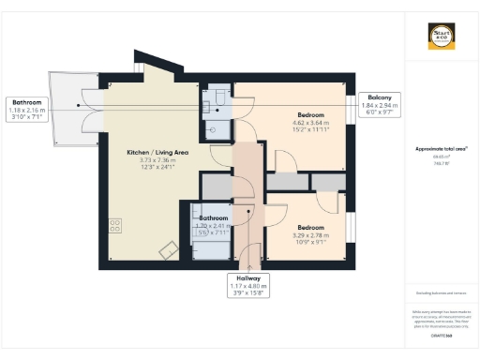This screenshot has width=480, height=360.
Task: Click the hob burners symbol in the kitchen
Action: pyautogui.click(x=115, y=225)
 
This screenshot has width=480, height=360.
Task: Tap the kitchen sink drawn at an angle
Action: pyautogui.click(x=170, y=249)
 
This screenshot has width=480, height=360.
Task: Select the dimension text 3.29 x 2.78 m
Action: pyautogui.click(x=310, y=235)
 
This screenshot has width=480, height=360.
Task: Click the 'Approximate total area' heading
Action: pyautogui.click(x=441, y=148)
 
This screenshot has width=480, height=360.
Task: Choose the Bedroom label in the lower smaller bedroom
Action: pyautogui.click(x=310, y=228)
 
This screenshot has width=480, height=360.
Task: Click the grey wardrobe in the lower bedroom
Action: pyautogui.click(x=327, y=182)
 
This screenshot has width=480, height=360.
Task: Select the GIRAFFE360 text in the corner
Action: pyautogui.click(x=441, y=334)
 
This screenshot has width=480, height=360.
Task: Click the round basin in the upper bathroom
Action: pyautogui.click(x=214, y=128)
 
